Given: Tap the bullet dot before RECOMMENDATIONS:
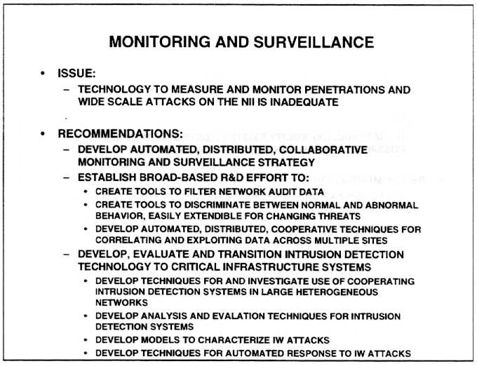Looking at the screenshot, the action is point(43,133).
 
